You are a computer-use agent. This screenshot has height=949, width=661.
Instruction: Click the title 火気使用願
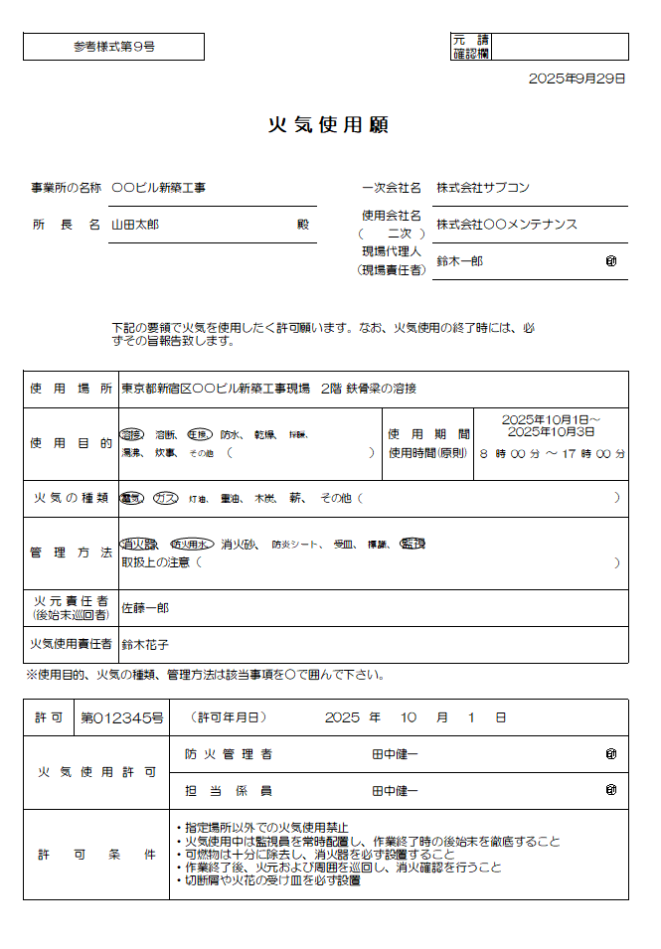point(328,125)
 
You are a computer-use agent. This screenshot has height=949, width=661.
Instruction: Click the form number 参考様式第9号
point(113,47)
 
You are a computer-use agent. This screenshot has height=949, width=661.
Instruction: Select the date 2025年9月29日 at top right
point(577,79)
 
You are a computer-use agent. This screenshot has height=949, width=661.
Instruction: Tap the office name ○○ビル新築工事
point(158,187)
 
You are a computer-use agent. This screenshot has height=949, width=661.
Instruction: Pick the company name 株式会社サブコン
point(483,187)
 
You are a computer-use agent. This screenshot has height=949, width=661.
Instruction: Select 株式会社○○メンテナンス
point(507,225)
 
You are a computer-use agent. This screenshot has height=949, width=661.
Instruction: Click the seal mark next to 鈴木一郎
point(611,260)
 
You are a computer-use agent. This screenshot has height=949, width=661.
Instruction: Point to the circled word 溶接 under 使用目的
point(132,434)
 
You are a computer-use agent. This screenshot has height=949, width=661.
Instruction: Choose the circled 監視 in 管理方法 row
point(413,544)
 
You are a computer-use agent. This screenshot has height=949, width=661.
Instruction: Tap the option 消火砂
point(241,544)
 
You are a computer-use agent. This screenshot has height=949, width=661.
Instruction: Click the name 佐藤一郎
point(145,606)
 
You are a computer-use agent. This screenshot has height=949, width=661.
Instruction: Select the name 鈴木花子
point(145,644)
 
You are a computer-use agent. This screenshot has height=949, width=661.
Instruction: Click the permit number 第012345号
point(121,716)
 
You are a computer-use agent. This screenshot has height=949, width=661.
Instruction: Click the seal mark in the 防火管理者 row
point(611,754)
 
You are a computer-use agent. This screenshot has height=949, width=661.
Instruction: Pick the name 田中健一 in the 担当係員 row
point(395,791)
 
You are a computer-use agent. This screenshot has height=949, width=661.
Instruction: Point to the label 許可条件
point(96,855)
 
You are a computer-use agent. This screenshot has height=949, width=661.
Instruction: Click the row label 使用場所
point(70,389)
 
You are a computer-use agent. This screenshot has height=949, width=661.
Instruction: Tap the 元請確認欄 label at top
point(470,47)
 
